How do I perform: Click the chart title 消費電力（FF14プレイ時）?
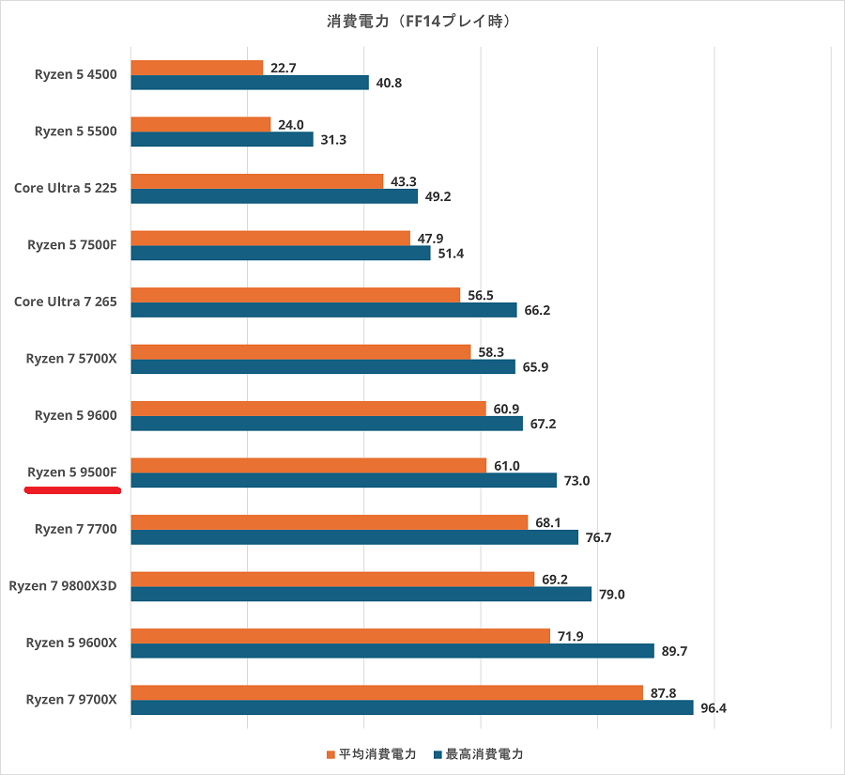tap(422, 20)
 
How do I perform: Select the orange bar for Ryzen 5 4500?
tap(196, 68)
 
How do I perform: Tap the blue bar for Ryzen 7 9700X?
tap(411, 707)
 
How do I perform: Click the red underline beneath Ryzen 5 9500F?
tap(72, 489)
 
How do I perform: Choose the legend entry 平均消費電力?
tap(371, 753)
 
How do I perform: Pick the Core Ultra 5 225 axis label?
tap(65, 188)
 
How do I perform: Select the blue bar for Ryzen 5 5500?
tap(222, 139)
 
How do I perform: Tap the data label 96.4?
tap(713, 708)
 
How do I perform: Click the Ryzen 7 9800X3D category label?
tap(62, 586)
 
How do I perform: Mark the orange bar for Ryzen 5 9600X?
tap(340, 636)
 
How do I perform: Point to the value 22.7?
tap(282, 68)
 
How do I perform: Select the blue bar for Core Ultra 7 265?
tap(323, 310)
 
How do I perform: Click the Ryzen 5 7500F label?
tap(71, 245)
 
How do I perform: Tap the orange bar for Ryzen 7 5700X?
tap(300, 351)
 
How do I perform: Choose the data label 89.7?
tap(673, 651)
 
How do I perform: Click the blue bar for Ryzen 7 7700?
tap(354, 537)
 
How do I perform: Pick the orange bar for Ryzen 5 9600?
tap(308, 409)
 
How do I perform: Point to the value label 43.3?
tap(403, 181)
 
